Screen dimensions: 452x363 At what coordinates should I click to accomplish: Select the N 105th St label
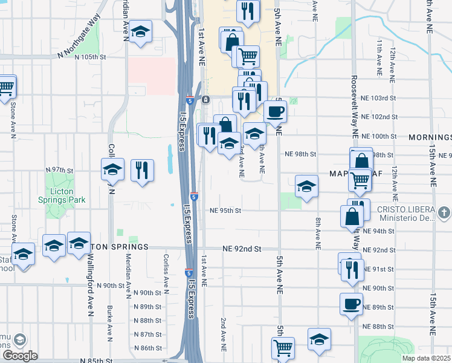point(91,57)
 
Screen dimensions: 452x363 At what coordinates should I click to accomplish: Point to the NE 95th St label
point(225,211)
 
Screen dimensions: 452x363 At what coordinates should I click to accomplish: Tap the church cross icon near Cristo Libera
point(444,212)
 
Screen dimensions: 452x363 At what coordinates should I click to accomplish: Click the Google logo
point(19,356)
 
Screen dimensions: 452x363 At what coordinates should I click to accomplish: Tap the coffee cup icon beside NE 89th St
point(351,304)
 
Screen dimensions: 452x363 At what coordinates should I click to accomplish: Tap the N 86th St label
point(147,348)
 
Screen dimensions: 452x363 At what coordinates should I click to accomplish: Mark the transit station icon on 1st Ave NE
point(205,99)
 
